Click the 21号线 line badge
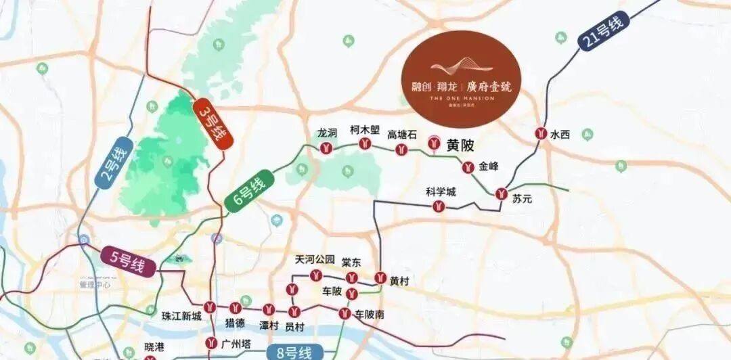(601, 32)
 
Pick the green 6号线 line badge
(250, 192)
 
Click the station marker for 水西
(541, 133)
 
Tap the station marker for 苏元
(502, 193)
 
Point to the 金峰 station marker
(467, 167)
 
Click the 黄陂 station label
(461, 144)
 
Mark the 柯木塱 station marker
(365, 143)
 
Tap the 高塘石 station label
(402, 134)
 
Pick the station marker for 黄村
(380, 277)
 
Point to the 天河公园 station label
(315, 260)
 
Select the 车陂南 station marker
(345, 313)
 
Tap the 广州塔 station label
(238, 344)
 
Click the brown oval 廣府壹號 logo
(462, 79)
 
